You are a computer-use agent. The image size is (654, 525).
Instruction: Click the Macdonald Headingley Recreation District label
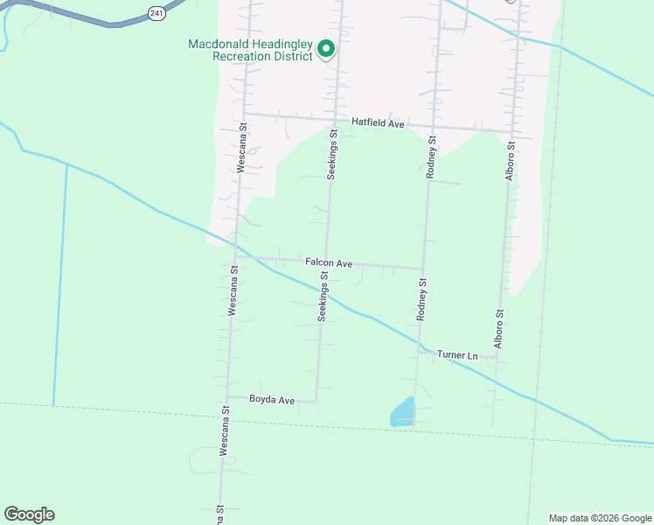click(x=250, y=51)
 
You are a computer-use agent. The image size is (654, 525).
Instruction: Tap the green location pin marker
click(x=326, y=49)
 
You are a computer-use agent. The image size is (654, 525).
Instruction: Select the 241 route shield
click(x=156, y=12)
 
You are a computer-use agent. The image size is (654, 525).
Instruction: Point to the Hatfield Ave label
click(x=378, y=124)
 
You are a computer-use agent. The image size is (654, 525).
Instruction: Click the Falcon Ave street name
click(x=329, y=262)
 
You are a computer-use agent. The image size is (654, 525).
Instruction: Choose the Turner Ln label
click(x=458, y=355)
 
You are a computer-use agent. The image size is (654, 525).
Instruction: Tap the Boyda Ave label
click(x=272, y=400)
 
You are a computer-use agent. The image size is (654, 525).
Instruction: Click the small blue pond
click(x=402, y=412)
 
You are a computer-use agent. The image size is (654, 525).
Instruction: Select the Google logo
click(x=29, y=514)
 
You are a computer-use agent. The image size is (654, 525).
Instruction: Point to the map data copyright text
click(x=600, y=518)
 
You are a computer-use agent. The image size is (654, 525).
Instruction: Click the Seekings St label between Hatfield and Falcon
click(x=332, y=155)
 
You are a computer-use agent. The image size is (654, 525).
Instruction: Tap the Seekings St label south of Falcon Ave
click(x=323, y=296)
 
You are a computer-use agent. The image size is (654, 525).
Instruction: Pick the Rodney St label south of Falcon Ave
click(x=421, y=300)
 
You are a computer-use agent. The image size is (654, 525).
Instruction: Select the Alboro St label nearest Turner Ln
click(x=499, y=329)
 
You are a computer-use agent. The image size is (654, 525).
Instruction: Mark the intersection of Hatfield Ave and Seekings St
click(x=335, y=116)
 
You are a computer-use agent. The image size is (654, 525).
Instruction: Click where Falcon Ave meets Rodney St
click(x=424, y=269)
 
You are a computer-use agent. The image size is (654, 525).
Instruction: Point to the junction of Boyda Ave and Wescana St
click(x=227, y=395)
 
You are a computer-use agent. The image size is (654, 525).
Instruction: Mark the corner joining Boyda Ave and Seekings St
click(x=316, y=401)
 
